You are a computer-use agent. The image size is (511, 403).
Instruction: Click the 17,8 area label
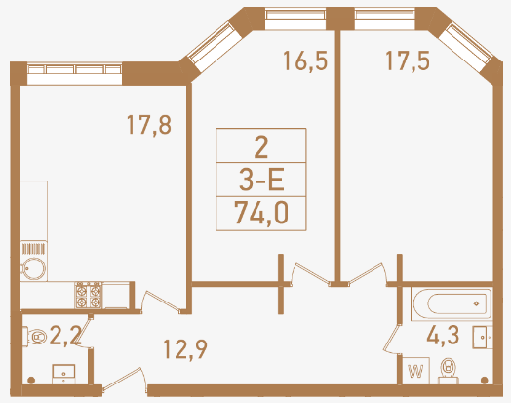point(149,125)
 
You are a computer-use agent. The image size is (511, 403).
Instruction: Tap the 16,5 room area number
point(305,60)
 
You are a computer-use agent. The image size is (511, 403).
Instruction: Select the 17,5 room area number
point(408,60)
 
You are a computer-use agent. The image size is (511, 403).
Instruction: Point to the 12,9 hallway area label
point(184,349)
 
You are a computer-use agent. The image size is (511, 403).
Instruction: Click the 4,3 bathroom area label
point(443,335)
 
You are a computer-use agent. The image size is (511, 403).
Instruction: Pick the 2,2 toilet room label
point(65,336)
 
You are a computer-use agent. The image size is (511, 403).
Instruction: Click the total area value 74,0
point(261,214)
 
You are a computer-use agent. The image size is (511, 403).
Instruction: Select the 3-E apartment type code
point(261,180)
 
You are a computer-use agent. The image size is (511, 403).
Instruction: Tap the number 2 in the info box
point(261,147)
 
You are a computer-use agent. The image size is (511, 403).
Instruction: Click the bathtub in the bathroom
point(452,303)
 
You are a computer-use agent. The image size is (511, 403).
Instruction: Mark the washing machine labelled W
point(415,371)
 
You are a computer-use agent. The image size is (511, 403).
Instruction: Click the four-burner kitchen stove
point(89,295)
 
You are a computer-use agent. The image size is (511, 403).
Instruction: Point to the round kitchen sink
point(33,269)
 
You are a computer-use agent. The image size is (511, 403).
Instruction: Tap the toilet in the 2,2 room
point(35,336)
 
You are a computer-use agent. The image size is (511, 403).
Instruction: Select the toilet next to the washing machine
point(449,371)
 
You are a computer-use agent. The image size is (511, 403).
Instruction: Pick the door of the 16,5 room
point(310,274)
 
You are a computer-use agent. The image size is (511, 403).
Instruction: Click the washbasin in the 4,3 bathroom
point(483,338)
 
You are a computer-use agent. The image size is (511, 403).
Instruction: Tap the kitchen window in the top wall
point(74,74)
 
